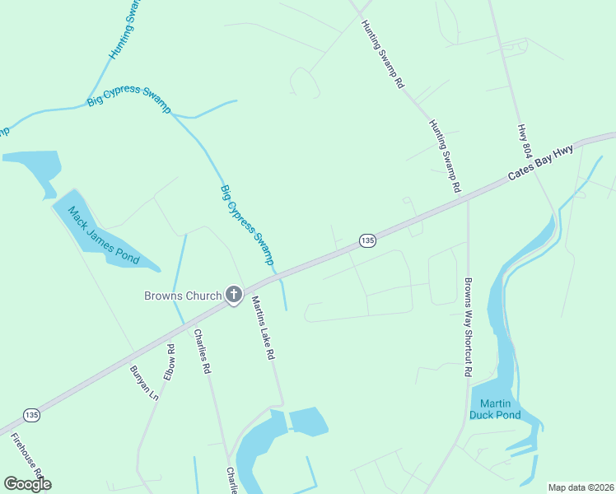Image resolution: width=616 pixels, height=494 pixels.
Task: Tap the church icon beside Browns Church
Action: pyautogui.click(x=234, y=295)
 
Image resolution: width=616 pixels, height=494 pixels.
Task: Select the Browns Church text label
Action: pyautogui.click(x=183, y=296)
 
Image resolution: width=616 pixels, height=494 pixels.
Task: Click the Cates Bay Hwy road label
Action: pyautogui.click(x=540, y=164)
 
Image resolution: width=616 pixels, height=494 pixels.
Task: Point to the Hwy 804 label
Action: pyautogui.click(x=524, y=142)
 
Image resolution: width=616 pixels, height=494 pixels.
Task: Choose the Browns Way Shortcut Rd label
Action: pyautogui.click(x=468, y=326)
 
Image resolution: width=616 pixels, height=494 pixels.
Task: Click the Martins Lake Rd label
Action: pyautogui.click(x=263, y=328)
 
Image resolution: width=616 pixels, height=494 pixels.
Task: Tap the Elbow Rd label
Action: pyautogui.click(x=170, y=361)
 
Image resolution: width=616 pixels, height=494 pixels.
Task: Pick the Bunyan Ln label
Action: pyautogui.click(x=143, y=384)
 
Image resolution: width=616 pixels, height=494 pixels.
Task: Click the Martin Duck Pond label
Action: pyautogui.click(x=496, y=409)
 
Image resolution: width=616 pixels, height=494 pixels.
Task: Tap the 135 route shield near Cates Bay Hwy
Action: pyautogui.click(x=367, y=240)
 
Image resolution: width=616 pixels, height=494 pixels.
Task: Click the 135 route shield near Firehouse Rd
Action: pyautogui.click(x=31, y=414)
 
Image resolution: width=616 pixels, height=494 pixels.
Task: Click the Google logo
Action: pyautogui.click(x=27, y=484)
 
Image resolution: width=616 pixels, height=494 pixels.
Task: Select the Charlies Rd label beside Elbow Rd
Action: pyautogui.click(x=203, y=352)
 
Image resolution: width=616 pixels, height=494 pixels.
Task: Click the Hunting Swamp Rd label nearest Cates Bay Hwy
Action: pyautogui.click(x=445, y=156)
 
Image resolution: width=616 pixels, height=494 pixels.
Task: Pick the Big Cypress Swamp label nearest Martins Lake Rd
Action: pyautogui.click(x=247, y=224)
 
